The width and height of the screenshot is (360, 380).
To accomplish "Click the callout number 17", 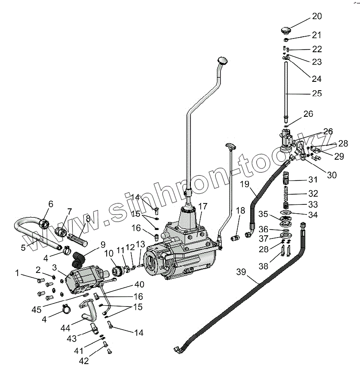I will [x=203, y=206].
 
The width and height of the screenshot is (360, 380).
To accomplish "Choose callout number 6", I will [x=50, y=204].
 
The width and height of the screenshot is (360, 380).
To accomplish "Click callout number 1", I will [x=18, y=273].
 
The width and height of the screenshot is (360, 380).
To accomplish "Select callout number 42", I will [x=84, y=361].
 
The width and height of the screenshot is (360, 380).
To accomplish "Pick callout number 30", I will [x=332, y=175].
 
